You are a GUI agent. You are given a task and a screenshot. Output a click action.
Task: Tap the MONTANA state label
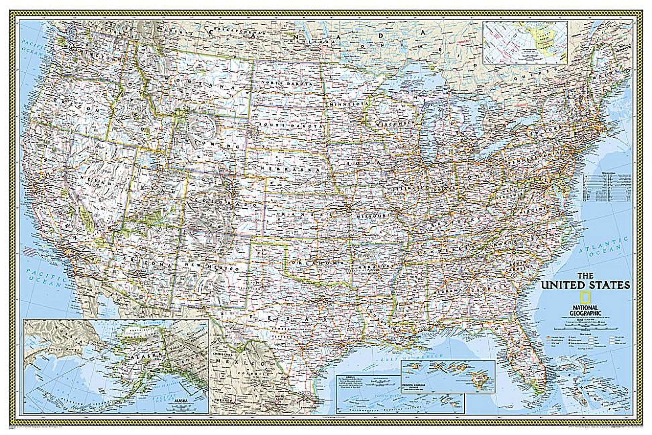[x=205, y=82]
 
